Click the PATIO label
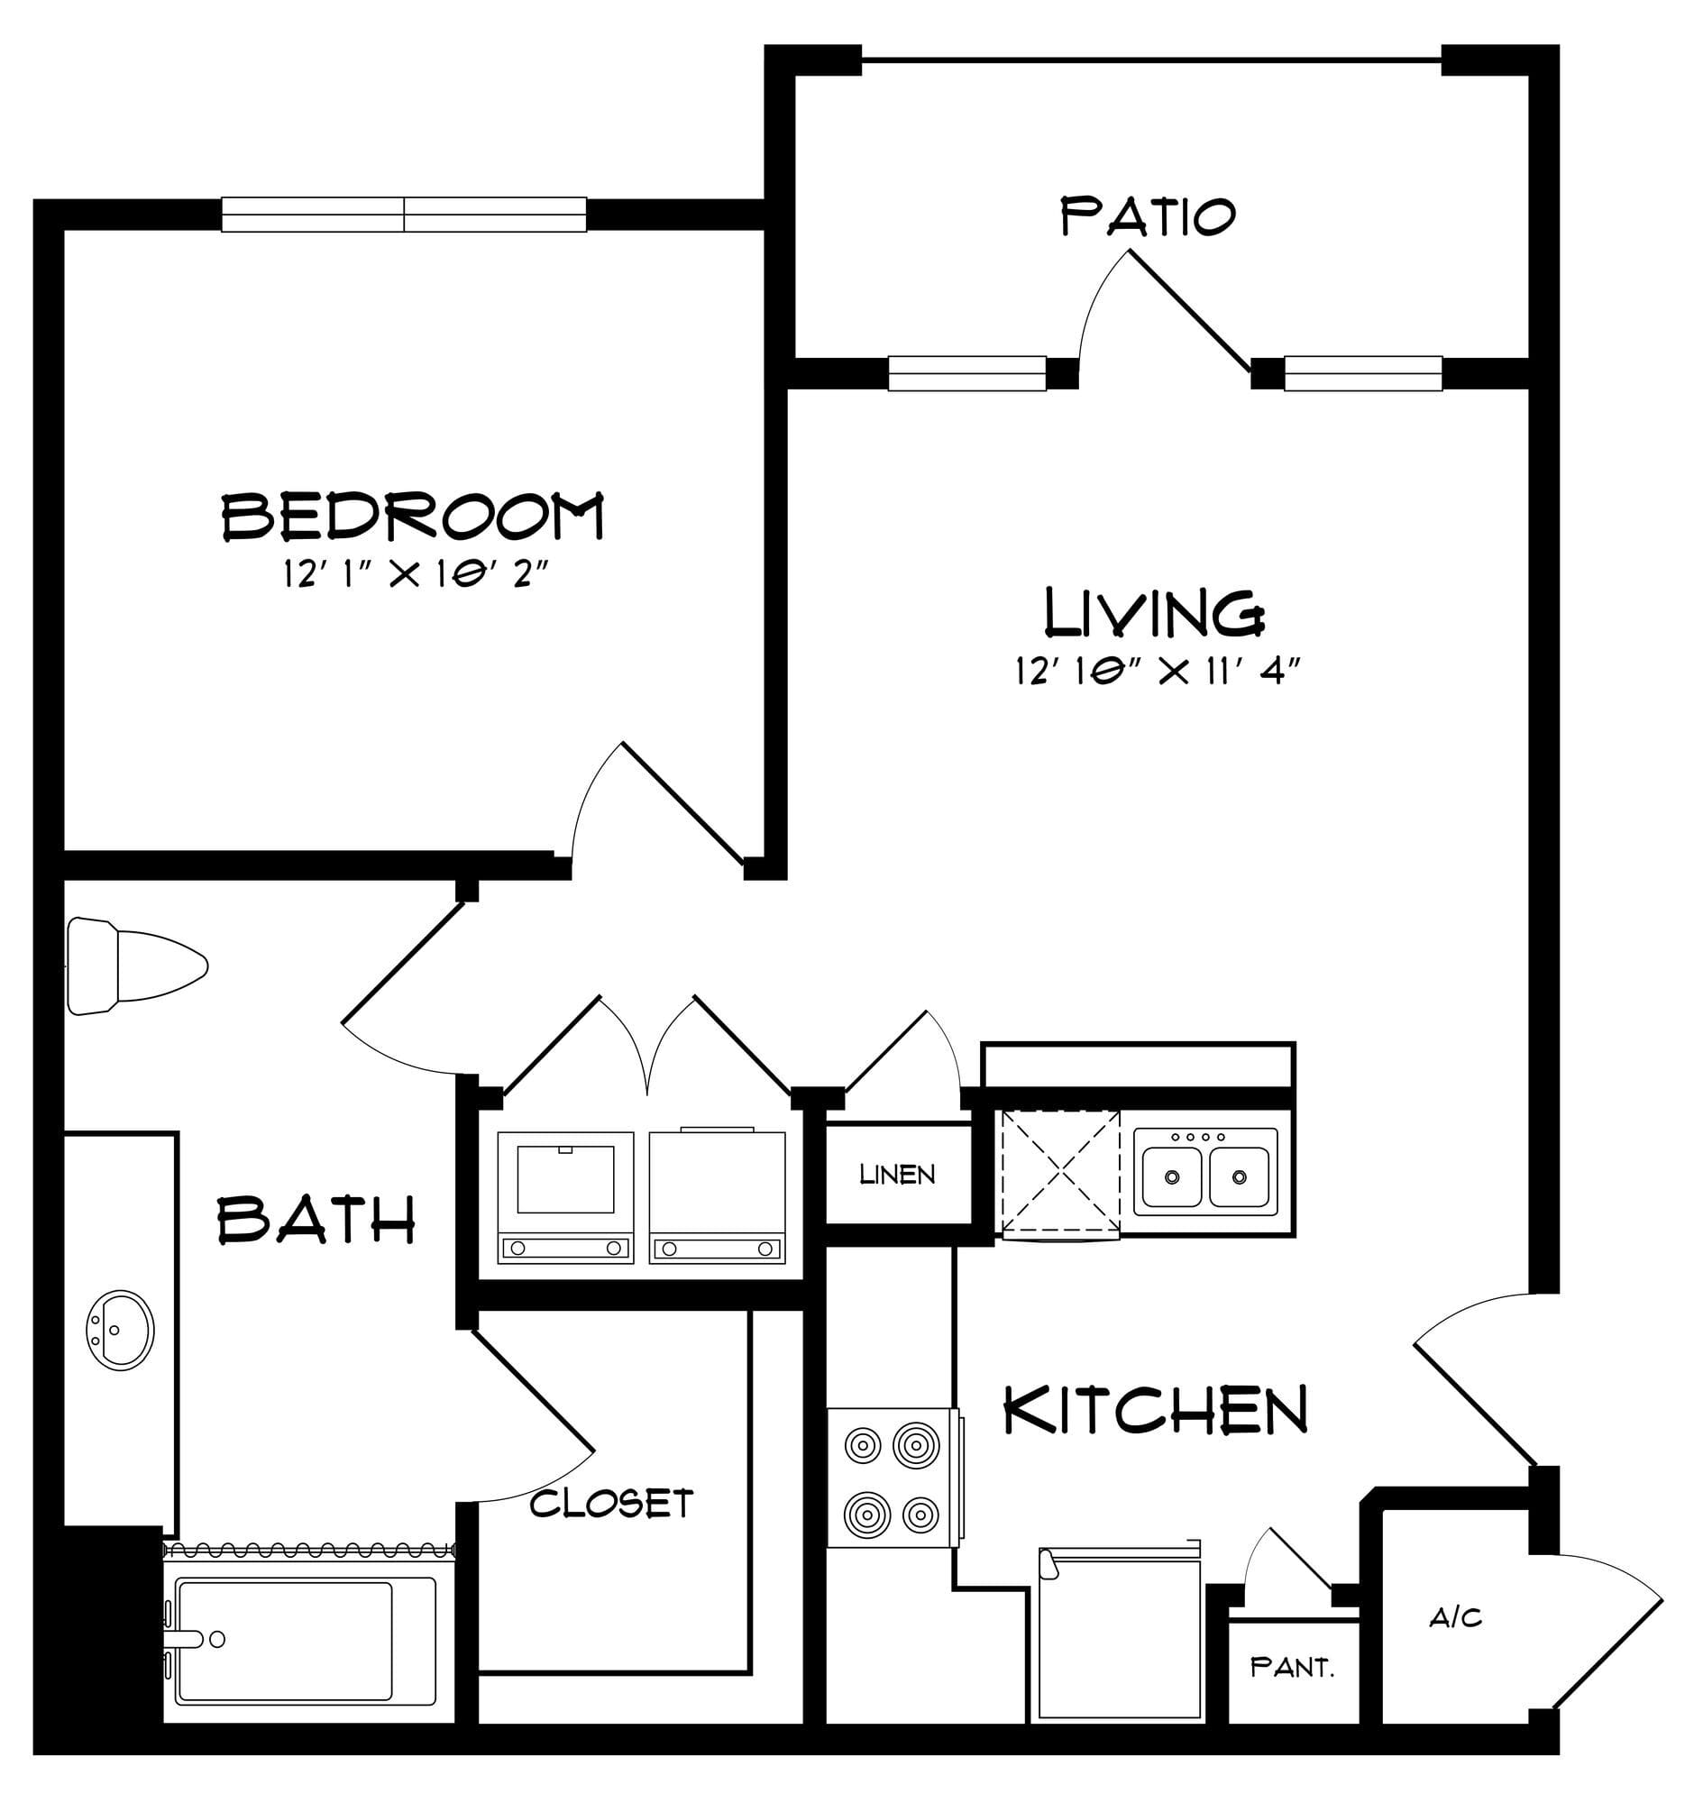1148,217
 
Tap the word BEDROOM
413,516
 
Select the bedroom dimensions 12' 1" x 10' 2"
417,574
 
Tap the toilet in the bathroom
136,966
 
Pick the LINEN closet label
897,1175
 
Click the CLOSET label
612,1504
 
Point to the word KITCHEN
1155,1410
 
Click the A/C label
1455,1617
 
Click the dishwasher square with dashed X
1060,1174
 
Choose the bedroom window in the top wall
404,215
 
